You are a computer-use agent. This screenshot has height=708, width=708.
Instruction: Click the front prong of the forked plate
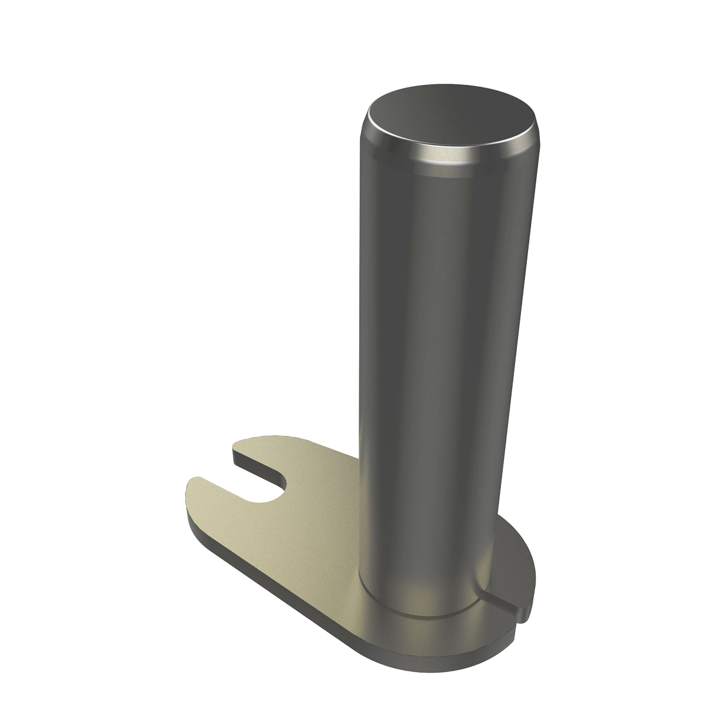coord(212,501)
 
